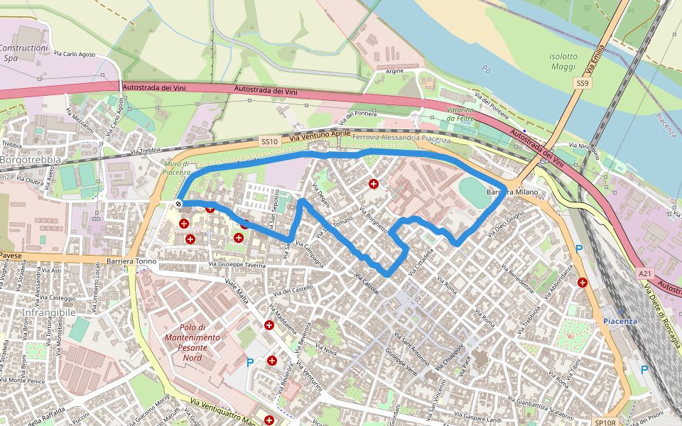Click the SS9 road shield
pos(583,84)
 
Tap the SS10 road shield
pos(268,142)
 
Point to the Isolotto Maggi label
pos(563,62)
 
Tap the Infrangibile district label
pos(48,312)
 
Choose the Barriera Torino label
pos(131,261)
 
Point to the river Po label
pos(486,70)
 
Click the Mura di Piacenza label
pos(177,168)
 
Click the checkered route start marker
pos(179,204)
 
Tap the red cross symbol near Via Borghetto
pos(374,184)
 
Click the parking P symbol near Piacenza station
pos(644,369)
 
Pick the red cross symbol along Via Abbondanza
pos(583,282)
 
